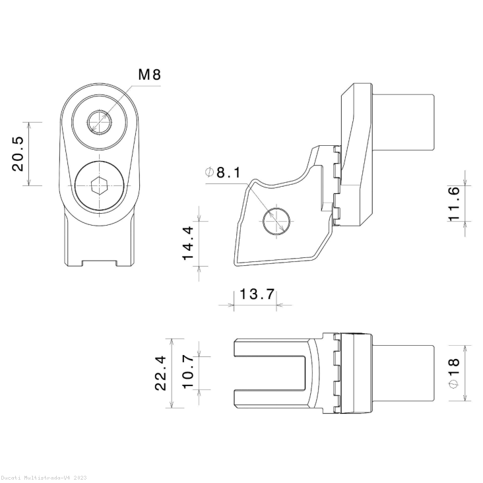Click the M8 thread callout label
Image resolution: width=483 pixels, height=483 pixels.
[149, 75]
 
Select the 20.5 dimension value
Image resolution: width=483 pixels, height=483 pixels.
[18, 154]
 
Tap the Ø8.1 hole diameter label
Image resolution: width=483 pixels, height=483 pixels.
[223, 173]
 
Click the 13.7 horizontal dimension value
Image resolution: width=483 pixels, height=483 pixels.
[257, 294]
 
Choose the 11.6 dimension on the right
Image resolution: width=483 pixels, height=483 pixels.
[453, 203]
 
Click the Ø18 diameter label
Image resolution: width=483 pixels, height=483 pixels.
[453, 373]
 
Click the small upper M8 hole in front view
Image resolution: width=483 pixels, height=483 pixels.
[100, 121]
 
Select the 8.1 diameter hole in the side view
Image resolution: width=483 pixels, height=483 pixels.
[275, 220]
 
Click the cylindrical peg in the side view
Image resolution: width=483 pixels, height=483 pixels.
[404, 123]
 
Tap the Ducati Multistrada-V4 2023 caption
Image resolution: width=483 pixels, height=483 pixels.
[43, 477]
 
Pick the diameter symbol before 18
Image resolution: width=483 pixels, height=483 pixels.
[453, 384]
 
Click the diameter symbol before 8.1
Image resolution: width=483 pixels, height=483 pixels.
[210, 173]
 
